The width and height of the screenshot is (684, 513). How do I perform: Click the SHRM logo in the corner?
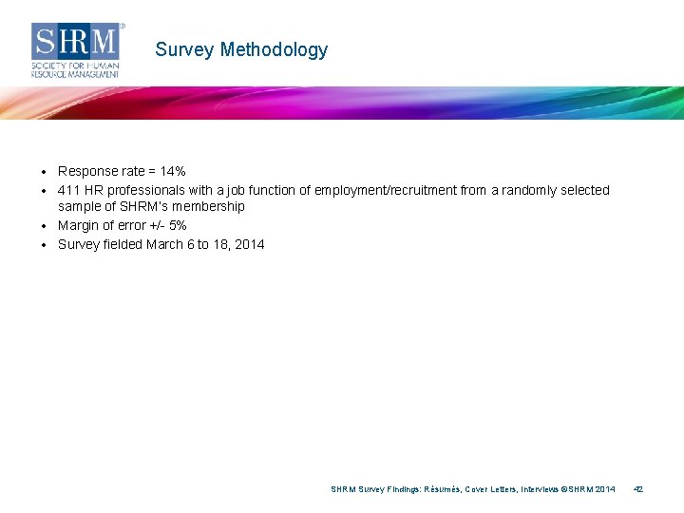[76, 49]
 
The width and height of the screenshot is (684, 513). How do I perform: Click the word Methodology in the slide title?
[274, 50]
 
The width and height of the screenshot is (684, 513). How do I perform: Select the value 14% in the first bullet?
[173, 172]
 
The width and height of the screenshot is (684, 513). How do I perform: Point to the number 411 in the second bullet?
[68, 190]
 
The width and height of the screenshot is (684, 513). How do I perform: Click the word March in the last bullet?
[166, 244]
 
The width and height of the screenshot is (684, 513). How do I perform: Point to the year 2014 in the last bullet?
[249, 244]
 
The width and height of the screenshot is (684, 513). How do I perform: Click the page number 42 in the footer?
[638, 489]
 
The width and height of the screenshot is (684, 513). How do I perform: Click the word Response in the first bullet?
[87, 172]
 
